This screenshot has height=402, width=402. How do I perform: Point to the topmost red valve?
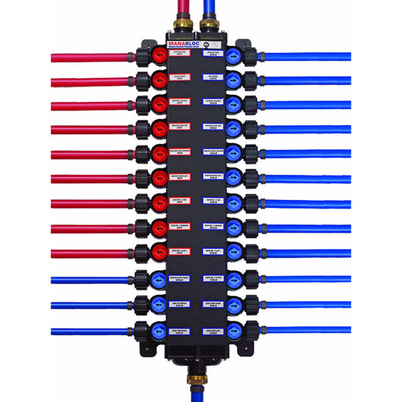click(160, 57)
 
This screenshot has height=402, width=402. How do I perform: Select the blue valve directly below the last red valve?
click(160, 278)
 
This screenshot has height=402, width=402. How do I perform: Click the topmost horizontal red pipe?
click(91, 57)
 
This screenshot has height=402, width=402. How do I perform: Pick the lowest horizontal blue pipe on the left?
click(91, 331)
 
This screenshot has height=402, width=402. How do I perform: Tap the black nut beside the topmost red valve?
click(142, 57)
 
